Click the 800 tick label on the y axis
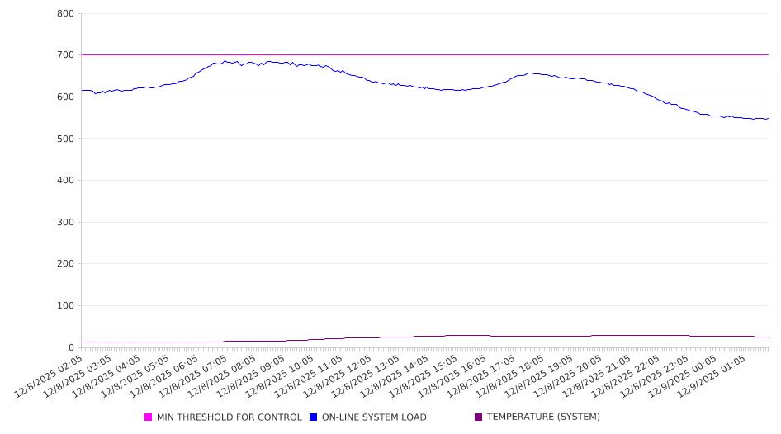(x=66, y=14)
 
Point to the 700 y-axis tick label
(x=66, y=55)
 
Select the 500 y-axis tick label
(x=66, y=139)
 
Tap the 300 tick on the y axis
(x=66, y=223)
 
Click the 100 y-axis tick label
(x=66, y=306)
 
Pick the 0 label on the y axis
(x=71, y=348)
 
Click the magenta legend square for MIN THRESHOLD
(x=149, y=417)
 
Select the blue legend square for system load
(x=314, y=417)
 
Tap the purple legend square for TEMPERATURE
(x=479, y=417)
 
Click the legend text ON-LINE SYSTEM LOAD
(x=374, y=417)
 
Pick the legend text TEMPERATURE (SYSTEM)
(x=543, y=417)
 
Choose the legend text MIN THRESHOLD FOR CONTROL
(x=229, y=417)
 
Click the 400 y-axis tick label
(x=66, y=181)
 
